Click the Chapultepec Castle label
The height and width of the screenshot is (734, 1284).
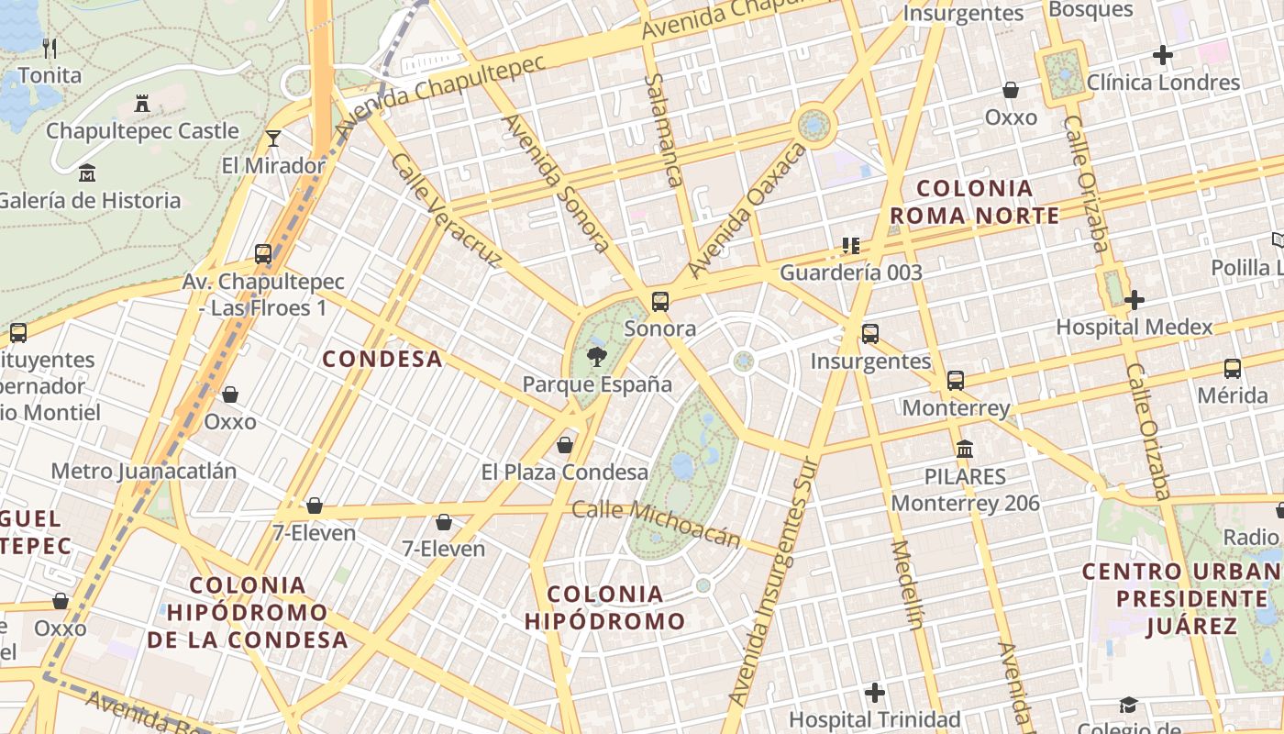pos(142,131)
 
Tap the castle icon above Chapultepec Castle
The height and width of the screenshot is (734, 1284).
pos(142,104)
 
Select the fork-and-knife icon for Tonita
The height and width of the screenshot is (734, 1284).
pos(50,49)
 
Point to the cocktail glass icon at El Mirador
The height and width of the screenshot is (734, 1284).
pos(273,139)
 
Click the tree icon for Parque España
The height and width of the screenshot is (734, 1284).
pos(597,356)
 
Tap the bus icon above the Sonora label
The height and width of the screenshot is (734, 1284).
pos(659,301)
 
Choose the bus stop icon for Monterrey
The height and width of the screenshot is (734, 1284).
pos(956,380)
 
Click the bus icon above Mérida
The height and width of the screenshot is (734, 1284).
pos(1233,369)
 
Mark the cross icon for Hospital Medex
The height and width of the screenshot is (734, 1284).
pos(1135,299)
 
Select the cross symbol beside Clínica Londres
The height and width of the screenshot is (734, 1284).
pos(1163,55)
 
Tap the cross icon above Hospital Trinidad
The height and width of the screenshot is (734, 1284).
pos(875,692)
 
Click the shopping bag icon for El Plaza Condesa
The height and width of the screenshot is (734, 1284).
pos(565,445)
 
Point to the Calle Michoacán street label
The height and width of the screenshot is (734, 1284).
pos(656,524)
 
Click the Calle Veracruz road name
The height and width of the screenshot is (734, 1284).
pos(446,210)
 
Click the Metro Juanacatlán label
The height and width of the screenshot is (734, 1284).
pos(144,472)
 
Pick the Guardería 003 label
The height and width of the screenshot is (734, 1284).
pos(851,272)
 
